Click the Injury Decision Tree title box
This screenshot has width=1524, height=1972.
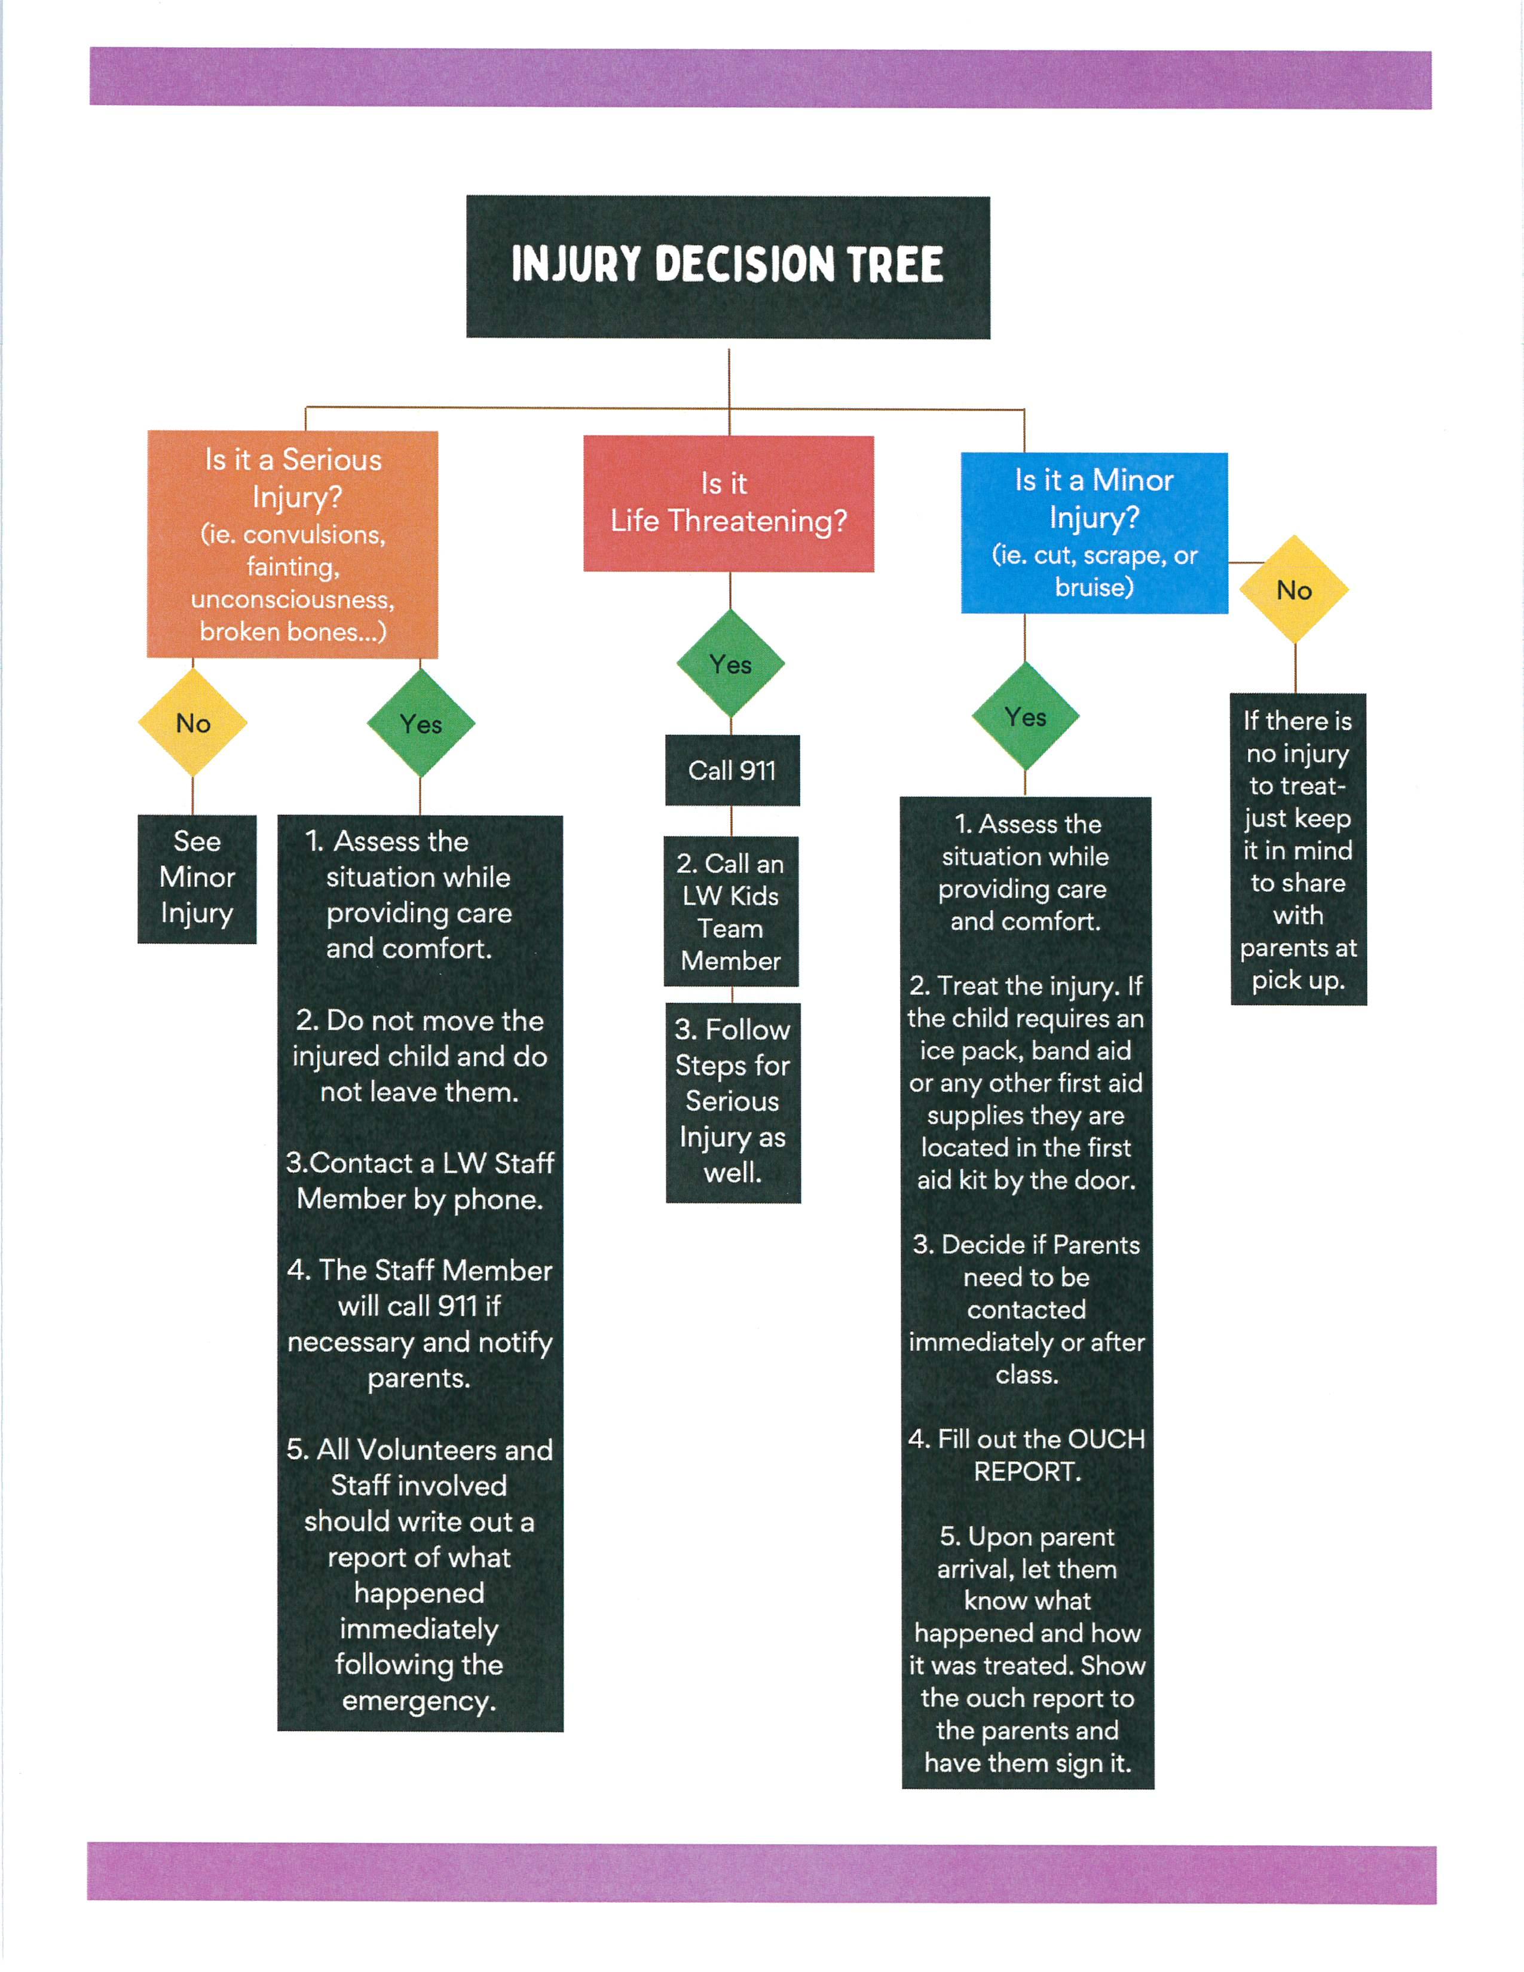click(x=728, y=267)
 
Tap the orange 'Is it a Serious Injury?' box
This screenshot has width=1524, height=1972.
click(x=292, y=544)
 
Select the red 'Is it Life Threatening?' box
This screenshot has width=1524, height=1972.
click(x=729, y=503)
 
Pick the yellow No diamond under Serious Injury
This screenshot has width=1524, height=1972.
click(x=193, y=722)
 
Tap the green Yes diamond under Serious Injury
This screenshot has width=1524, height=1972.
click(x=421, y=723)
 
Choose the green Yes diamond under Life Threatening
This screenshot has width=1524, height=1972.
click(x=730, y=665)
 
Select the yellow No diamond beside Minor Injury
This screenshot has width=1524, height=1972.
click(x=1294, y=590)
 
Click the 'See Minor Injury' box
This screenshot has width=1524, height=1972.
click(x=197, y=878)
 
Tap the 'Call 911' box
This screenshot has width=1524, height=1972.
click(x=732, y=770)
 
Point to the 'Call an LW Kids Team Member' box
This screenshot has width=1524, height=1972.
click(x=732, y=911)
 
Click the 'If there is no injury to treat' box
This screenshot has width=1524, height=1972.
click(x=1298, y=849)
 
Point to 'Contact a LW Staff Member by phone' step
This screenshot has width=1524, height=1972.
click(x=420, y=1180)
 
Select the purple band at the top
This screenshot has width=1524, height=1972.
click(x=760, y=78)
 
